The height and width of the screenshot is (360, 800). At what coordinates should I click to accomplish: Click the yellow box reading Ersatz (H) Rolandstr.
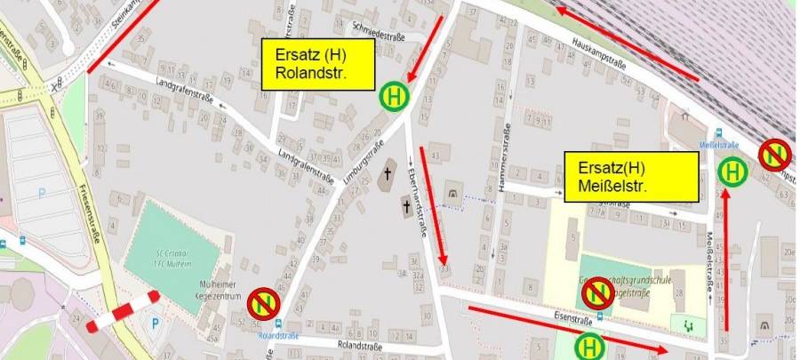(317, 63)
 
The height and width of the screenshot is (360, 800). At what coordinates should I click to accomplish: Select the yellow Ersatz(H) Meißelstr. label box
(630, 177)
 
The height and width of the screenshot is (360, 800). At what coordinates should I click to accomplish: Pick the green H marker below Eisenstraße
(588, 348)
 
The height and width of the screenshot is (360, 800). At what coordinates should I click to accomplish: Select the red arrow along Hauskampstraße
(628, 45)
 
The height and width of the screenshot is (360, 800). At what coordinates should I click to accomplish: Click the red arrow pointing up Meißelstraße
(725, 267)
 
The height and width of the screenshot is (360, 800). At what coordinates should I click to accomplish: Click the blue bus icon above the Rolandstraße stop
(280, 324)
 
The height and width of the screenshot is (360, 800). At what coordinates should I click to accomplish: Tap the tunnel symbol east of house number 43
(452, 193)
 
